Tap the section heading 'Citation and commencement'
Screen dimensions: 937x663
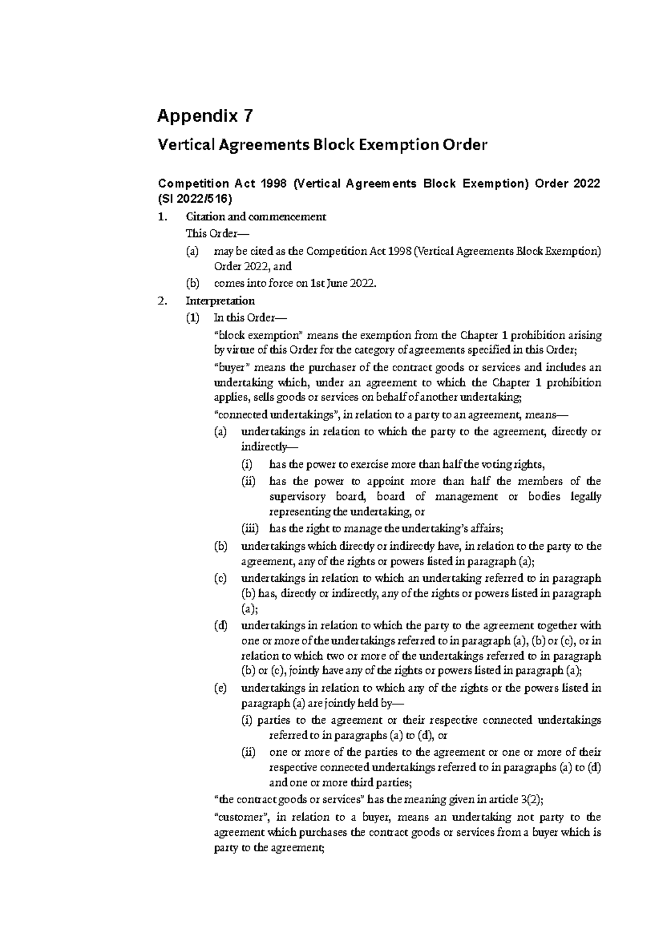(256, 217)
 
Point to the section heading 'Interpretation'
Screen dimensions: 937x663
(220, 301)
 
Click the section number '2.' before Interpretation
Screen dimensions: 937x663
(162, 301)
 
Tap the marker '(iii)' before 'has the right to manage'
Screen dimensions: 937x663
(250, 529)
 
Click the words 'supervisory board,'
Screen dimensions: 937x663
(314, 497)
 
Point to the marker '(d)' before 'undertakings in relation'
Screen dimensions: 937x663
(220, 626)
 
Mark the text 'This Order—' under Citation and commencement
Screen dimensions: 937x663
(210, 233)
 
